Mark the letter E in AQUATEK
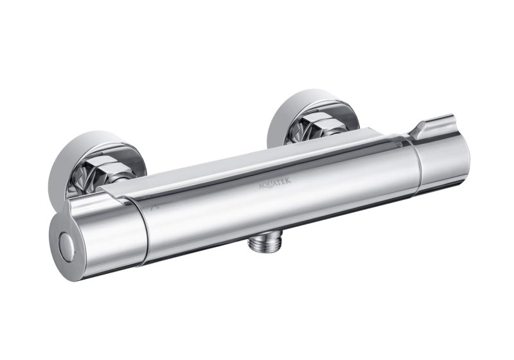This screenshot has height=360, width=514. pos(283,181)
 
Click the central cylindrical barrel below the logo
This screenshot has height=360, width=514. pos(276,212)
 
